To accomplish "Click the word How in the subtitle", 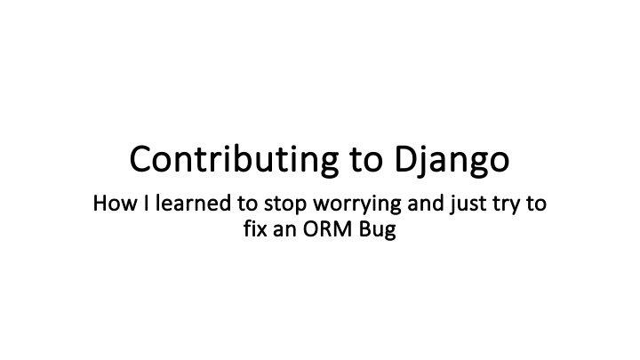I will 111,205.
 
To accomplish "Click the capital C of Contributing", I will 140,160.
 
